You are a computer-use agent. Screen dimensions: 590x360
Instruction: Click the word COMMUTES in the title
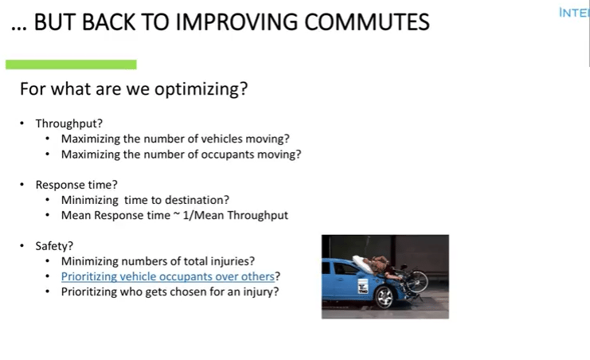[x=366, y=22]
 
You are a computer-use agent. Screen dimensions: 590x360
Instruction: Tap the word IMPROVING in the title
[x=236, y=22]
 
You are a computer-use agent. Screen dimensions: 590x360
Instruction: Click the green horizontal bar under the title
[x=71, y=65]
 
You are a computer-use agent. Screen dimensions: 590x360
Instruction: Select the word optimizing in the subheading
[x=201, y=90]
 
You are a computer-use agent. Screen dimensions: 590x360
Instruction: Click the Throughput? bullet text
[x=68, y=124]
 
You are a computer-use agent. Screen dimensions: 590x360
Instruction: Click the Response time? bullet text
[x=76, y=185]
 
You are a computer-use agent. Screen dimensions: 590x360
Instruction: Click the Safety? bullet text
[x=54, y=246]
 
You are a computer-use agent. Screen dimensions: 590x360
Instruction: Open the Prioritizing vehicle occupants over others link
[x=168, y=277]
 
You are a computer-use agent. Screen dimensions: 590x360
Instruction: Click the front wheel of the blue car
[x=385, y=298]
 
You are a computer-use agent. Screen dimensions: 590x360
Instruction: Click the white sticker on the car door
[x=363, y=286]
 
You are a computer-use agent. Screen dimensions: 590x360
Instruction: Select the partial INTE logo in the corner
[x=574, y=13]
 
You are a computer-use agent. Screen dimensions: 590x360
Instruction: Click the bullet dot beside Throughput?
[x=21, y=123]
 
